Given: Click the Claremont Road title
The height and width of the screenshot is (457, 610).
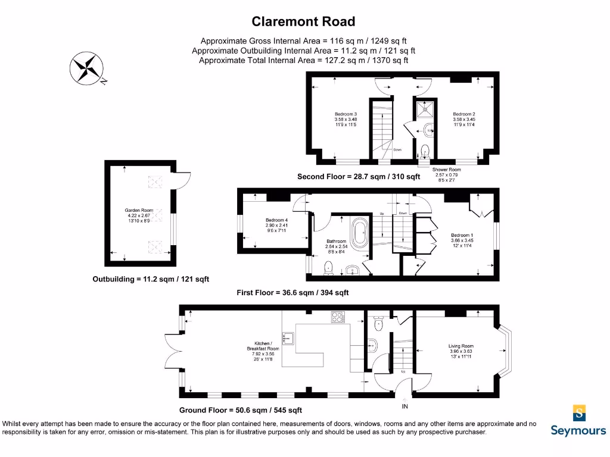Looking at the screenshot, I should click(303, 22).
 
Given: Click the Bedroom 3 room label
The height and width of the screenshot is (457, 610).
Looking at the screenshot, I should click(346, 120).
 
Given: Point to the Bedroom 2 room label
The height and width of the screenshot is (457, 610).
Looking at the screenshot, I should click(463, 120).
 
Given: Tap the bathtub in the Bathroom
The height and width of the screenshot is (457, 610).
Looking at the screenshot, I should click(360, 235).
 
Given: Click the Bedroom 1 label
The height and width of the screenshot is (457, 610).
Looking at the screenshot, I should click(462, 240).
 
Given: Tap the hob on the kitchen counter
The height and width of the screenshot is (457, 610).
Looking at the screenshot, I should click(338, 318).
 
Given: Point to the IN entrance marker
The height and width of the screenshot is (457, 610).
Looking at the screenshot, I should click(405, 407).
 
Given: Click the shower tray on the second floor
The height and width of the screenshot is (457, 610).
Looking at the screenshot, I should click(425, 109).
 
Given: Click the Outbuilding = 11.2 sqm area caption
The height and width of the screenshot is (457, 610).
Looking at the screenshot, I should click(151, 279).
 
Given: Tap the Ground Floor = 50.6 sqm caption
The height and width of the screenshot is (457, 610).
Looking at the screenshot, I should click(241, 410).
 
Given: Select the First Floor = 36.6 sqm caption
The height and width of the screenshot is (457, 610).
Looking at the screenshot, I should click(292, 292).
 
